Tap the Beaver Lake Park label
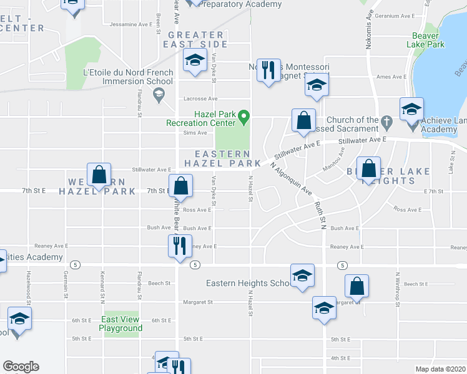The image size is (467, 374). click(428, 41)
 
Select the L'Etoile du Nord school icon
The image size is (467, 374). click(159, 94)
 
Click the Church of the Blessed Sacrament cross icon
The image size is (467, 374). click(386, 120)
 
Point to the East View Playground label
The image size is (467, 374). click(120, 324)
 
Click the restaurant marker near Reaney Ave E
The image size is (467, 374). click(177, 245)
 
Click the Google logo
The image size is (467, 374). click(21, 367)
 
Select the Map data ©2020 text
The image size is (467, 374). click(440, 369)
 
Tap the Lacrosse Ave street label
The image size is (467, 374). click(200, 98)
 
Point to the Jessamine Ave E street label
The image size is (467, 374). click(130, 24)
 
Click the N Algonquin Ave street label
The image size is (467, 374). click(291, 180)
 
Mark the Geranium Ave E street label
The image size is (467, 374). click(399, 16)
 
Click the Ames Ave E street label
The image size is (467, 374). click(391, 77)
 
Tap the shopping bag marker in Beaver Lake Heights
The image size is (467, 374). click(369, 169)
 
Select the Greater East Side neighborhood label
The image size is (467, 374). click(195, 39)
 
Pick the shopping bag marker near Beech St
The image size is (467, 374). click(356, 287)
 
